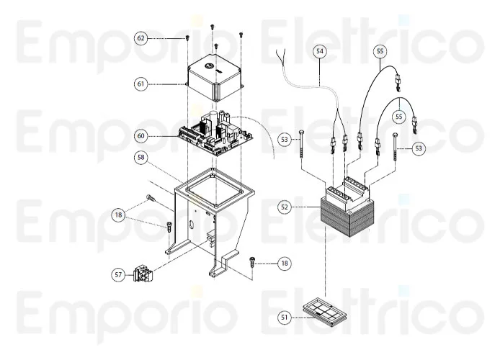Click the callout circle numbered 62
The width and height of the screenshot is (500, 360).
(x=141, y=37)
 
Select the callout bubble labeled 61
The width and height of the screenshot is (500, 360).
(x=141, y=84)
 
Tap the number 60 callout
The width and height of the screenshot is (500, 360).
(x=141, y=135)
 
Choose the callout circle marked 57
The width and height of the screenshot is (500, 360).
(x=118, y=274)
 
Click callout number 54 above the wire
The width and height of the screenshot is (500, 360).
(x=319, y=50)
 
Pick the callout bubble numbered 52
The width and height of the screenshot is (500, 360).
(x=285, y=207)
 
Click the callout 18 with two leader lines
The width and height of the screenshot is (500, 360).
(x=118, y=214)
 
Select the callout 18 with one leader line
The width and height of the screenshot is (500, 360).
(x=285, y=264)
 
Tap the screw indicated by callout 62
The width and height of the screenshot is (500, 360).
(x=187, y=37)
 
